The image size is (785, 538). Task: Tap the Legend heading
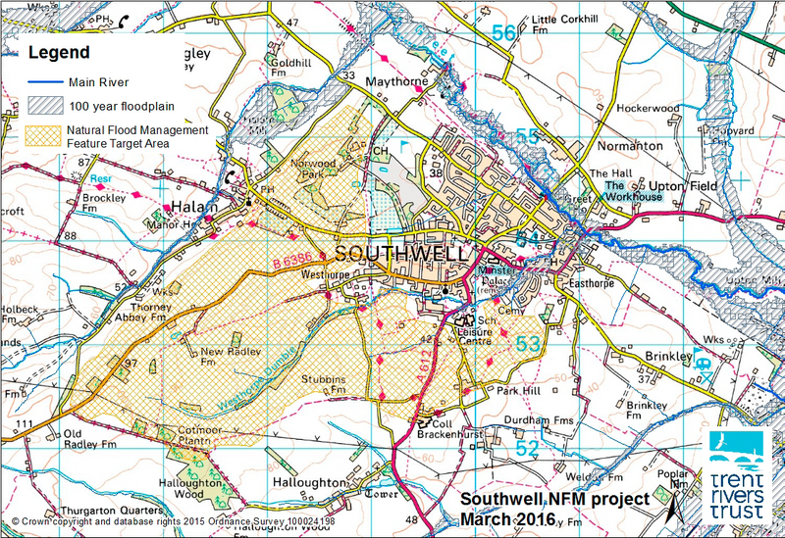click(x=58, y=52)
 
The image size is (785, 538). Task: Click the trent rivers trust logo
click(x=742, y=471)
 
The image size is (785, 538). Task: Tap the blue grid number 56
click(x=503, y=33)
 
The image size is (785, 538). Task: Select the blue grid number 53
click(x=527, y=342)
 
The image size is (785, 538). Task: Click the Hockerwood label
click(x=649, y=108)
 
